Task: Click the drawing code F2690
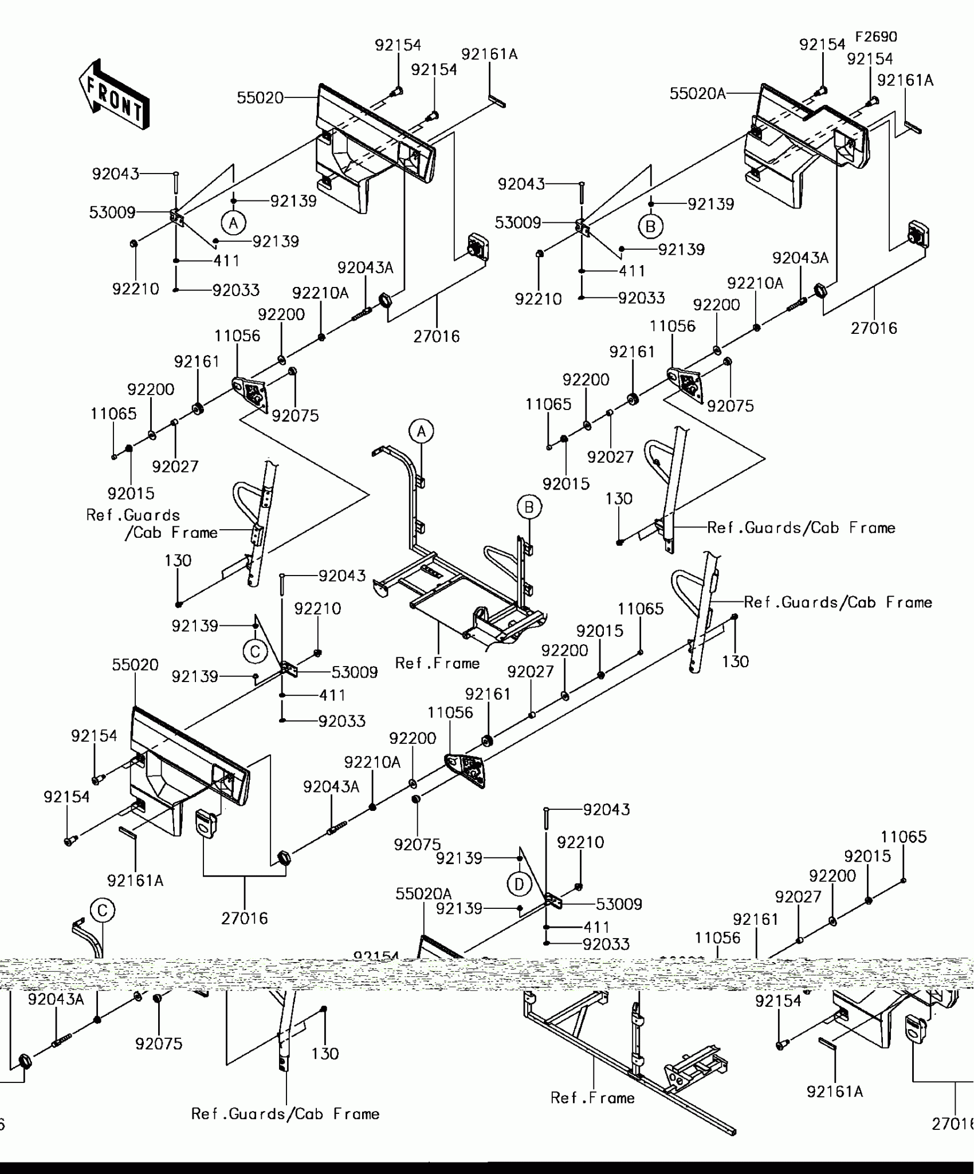[x=876, y=37]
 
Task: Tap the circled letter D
[x=519, y=885]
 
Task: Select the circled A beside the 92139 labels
[x=233, y=223]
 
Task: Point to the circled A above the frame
[x=421, y=431]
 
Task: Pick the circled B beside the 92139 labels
[x=650, y=227]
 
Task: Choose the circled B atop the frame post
[x=529, y=507]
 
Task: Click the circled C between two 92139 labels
[x=255, y=651]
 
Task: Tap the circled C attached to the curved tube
[x=103, y=911]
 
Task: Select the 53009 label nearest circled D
[x=619, y=904]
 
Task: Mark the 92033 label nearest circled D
[x=606, y=944]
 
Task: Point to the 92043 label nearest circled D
[x=606, y=810]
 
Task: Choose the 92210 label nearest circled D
[x=580, y=842]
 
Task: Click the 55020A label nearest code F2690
[x=697, y=93]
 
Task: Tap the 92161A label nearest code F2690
[x=905, y=80]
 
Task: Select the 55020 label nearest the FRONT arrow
[x=260, y=98]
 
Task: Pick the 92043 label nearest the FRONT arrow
[x=116, y=174]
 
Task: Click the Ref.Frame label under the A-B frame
[x=437, y=663]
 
